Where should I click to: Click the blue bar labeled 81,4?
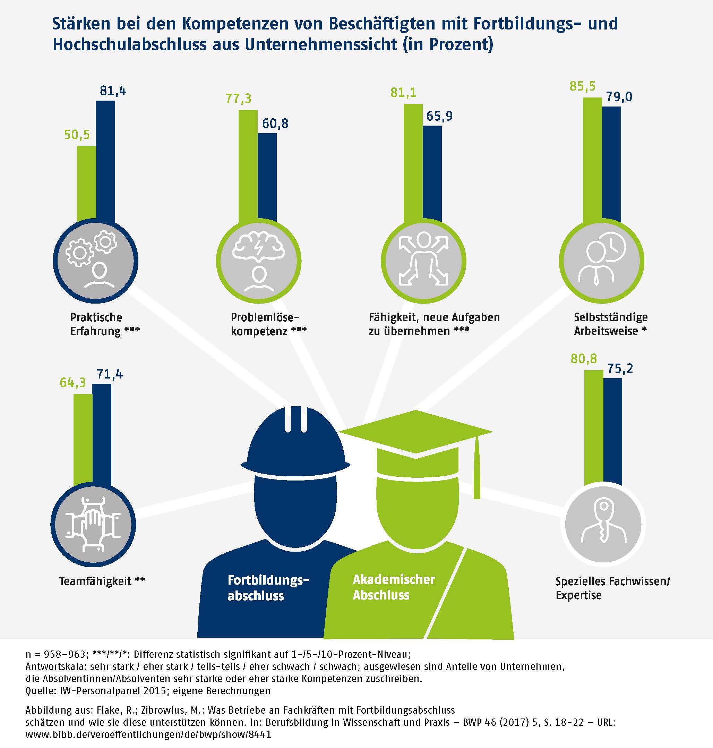point(105,162)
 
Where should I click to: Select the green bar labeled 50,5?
point(86,185)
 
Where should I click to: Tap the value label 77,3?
point(238,99)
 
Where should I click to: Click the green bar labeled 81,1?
point(413,163)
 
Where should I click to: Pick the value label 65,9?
point(439,116)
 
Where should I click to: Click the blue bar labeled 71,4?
point(102,435)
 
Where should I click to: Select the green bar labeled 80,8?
point(593,428)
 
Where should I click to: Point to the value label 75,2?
point(620,368)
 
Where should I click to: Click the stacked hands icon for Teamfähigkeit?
point(93,525)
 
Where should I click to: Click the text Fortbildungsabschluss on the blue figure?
point(268,587)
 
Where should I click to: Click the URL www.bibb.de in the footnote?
point(148,734)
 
